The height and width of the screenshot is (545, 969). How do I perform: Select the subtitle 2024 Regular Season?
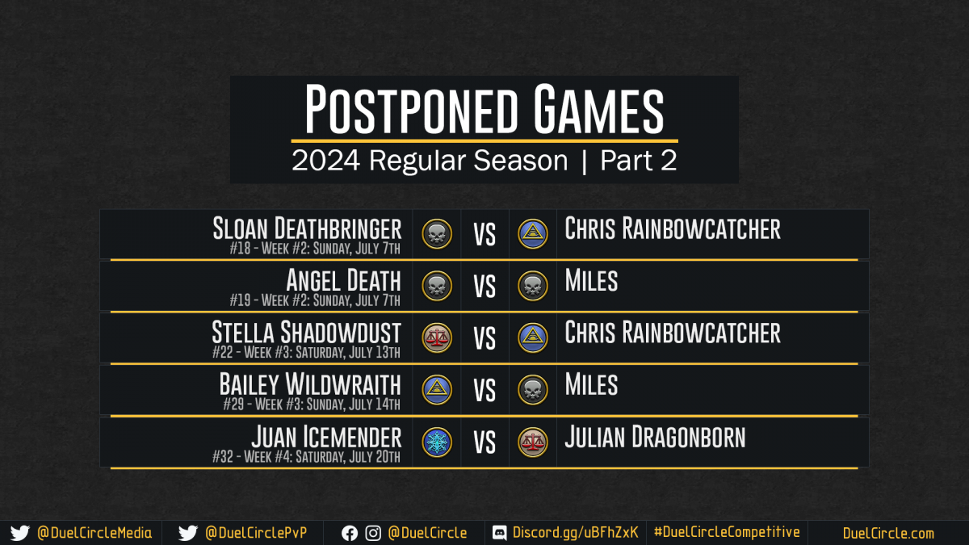[430, 161]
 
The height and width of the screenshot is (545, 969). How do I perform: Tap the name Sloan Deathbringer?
[307, 228]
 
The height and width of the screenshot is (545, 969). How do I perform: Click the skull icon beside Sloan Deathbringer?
[437, 234]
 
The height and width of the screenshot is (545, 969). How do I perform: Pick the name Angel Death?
[343, 280]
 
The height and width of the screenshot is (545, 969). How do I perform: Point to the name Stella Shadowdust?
[306, 332]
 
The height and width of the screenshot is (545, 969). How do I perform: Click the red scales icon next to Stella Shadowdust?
[437, 337]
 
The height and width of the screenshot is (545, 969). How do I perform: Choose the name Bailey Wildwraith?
[310, 384]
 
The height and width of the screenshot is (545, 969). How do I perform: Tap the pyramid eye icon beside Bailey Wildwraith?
[437, 390]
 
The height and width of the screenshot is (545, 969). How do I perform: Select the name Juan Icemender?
[326, 437]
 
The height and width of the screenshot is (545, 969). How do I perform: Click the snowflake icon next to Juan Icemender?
[437, 442]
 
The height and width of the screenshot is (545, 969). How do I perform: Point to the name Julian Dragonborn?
[656, 437]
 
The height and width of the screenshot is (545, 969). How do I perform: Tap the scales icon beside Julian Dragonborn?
[533, 442]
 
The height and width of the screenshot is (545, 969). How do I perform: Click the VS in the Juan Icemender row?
[484, 443]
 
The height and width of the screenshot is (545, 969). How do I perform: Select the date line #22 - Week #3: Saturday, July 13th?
[306, 352]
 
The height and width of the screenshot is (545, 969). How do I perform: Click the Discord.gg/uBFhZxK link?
[575, 532]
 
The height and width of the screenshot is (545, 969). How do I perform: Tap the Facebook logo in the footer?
[350, 534]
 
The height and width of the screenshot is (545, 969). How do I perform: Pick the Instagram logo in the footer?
[373, 534]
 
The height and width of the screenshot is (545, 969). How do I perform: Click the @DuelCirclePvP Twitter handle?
[256, 533]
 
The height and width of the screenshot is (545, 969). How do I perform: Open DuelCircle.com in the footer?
[888, 533]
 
